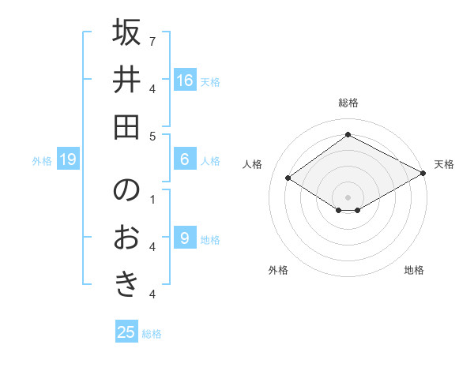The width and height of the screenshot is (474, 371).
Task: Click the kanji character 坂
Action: (x=126, y=34)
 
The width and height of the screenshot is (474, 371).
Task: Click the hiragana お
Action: (x=126, y=238)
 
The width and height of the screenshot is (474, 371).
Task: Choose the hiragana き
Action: (x=126, y=283)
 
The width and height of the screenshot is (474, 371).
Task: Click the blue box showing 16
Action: (x=185, y=80)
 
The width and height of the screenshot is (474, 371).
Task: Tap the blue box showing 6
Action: (x=185, y=159)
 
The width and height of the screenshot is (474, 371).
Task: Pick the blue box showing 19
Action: (x=67, y=159)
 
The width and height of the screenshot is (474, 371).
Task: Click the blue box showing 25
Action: (x=126, y=332)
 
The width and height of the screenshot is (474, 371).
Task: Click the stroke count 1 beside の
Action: (x=152, y=199)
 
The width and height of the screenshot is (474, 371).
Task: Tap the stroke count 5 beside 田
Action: (x=152, y=136)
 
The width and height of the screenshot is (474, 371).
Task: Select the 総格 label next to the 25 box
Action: (x=152, y=334)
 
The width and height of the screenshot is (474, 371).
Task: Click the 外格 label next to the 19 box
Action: (x=42, y=161)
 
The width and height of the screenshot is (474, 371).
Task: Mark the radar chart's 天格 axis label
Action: (x=444, y=164)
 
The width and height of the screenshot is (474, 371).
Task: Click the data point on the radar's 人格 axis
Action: (x=288, y=178)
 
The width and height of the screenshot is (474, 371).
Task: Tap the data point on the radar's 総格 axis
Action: (x=348, y=134)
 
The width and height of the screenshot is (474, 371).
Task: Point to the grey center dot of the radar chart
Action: (x=348, y=196)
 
